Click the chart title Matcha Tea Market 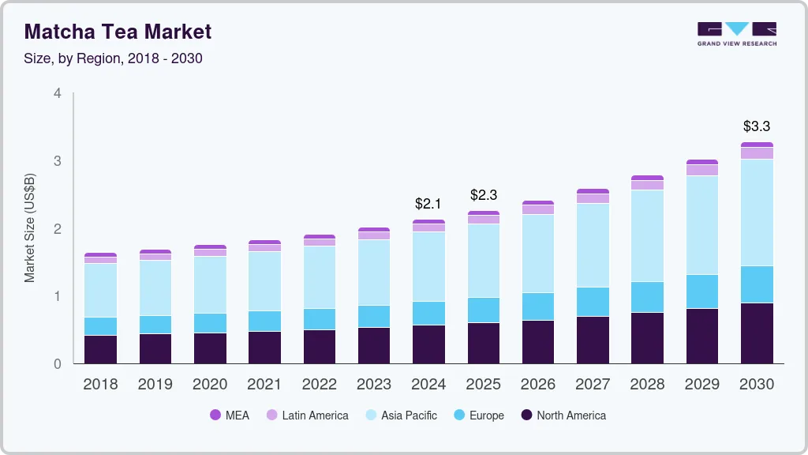[118, 32]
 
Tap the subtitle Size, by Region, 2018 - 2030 [114, 58]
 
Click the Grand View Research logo [736, 34]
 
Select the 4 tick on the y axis [57, 93]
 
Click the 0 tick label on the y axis [57, 364]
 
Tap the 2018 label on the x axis [100, 385]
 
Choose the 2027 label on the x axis [592, 385]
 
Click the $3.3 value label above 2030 [756, 126]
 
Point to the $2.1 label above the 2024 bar [428, 204]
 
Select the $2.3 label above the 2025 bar [484, 194]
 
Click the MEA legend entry [230, 415]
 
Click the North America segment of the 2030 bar [757, 333]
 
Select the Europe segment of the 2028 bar [647, 297]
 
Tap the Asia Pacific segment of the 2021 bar [264, 281]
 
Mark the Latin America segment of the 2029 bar [701, 170]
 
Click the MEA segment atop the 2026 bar [537, 203]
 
